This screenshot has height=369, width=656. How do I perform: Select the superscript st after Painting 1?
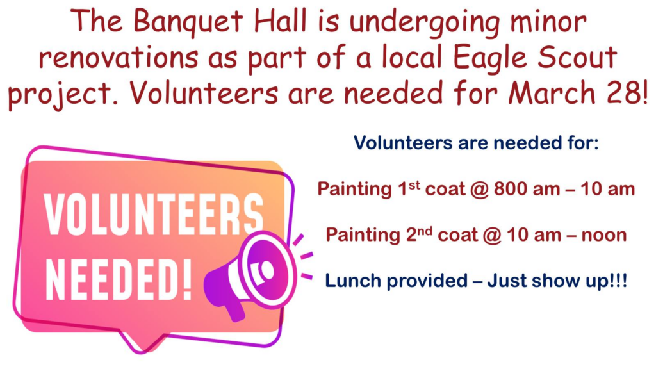coord(414,186)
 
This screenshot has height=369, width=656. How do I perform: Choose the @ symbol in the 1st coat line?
coord(479,190)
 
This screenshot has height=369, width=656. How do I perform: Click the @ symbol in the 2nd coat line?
coord(492,236)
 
